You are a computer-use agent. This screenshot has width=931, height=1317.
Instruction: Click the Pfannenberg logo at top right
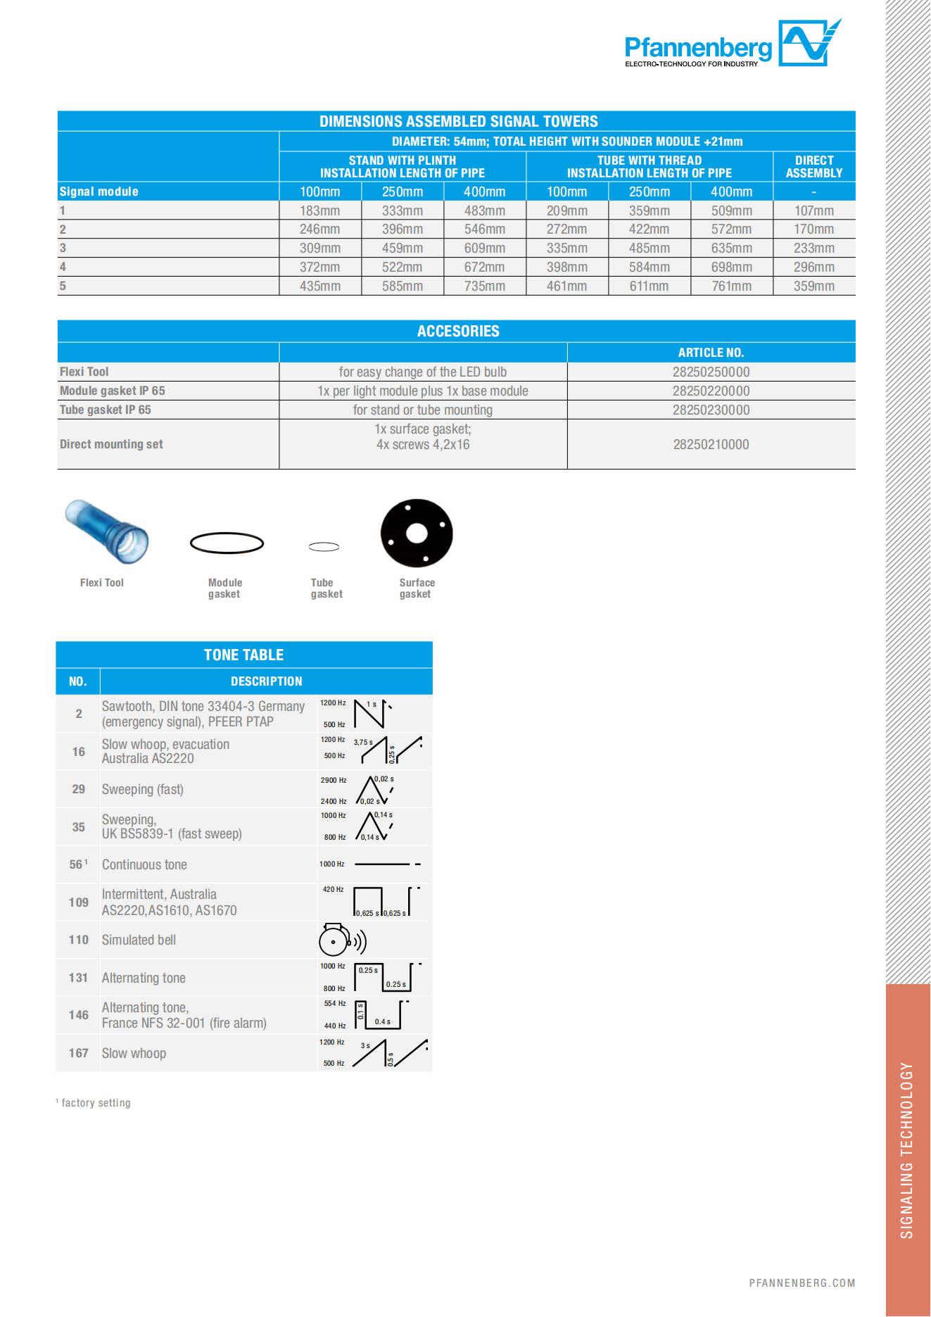[732, 44]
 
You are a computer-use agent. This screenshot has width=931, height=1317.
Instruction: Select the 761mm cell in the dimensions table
[731, 286]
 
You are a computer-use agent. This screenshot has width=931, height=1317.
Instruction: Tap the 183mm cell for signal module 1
[319, 210]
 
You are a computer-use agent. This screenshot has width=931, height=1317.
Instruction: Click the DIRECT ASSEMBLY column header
[813, 167]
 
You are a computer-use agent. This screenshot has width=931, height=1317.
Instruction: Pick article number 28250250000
[711, 372]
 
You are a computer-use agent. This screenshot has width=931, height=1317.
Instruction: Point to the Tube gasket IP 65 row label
[106, 410]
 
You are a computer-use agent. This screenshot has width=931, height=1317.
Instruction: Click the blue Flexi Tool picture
[107, 531]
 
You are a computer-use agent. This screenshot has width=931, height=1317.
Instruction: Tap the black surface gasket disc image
[417, 533]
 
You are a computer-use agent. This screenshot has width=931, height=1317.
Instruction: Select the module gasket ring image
[227, 543]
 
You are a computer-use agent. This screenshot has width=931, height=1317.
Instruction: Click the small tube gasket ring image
[324, 546]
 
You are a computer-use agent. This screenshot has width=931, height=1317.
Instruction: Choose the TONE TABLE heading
[243, 655]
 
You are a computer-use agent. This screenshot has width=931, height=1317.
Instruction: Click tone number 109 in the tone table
[78, 902]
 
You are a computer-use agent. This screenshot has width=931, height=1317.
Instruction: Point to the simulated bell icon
[341, 940]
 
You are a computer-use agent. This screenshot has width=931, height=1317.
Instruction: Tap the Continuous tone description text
[144, 864]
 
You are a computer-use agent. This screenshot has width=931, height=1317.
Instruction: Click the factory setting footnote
[95, 1103]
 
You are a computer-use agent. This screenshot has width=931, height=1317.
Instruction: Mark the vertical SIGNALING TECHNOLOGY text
[906, 1150]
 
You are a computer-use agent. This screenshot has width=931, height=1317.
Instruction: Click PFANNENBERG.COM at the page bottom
[802, 1283]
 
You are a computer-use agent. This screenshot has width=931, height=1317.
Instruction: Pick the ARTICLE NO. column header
[711, 353]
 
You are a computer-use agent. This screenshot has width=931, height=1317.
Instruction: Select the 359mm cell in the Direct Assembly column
[813, 286]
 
